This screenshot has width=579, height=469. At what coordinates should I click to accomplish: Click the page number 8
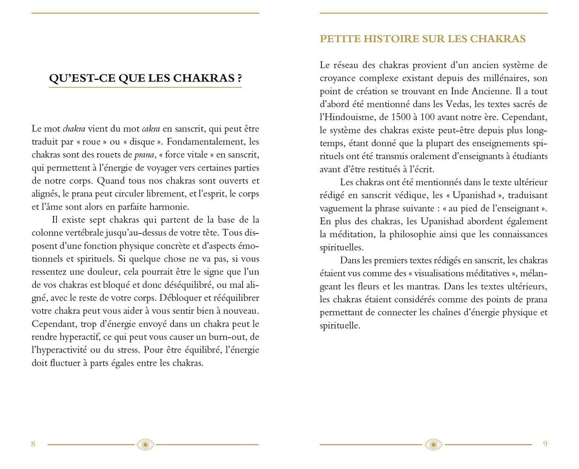33,444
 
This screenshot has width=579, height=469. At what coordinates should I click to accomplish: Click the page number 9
545,444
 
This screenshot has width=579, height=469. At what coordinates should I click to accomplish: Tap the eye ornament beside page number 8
145,445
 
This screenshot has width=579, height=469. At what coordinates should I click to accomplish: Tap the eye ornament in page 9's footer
433,445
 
